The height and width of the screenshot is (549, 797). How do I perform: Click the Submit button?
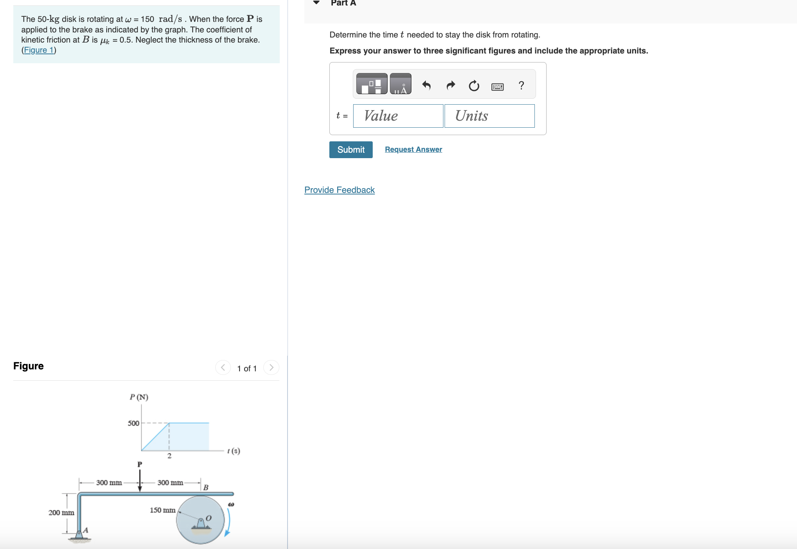[x=350, y=150]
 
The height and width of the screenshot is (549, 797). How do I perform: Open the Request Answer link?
[x=413, y=150]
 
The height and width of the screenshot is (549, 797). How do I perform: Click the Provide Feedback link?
[x=339, y=190]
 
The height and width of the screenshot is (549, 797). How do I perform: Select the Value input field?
[x=398, y=116]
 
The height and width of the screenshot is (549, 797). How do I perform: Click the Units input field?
[x=489, y=116]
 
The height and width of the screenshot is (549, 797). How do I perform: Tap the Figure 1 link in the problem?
[x=39, y=50]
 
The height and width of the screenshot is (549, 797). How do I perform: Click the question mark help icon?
[x=521, y=85]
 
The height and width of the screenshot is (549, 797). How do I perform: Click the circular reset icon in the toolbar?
[x=474, y=86]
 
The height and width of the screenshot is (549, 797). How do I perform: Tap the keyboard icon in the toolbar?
[x=497, y=87]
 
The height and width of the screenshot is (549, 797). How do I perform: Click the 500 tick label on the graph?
[x=133, y=423]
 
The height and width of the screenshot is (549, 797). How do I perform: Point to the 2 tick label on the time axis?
[x=169, y=456]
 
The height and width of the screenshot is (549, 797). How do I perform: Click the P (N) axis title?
[x=139, y=397]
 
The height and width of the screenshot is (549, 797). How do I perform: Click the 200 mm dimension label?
[x=61, y=513]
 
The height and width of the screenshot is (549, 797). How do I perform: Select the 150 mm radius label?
[x=163, y=510]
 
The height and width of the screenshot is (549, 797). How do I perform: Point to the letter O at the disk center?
[x=208, y=518]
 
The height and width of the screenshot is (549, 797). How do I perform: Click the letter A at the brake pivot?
[x=86, y=530]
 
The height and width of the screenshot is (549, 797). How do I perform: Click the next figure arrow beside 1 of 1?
[x=271, y=367]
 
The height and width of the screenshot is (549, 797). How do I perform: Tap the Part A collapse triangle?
[x=316, y=3]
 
